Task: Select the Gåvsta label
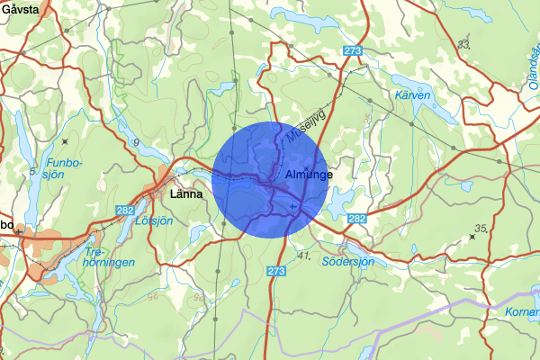coord(21,9)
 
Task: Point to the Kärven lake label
coord(412,94)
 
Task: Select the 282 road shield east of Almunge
coord(357,219)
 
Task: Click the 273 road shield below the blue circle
coord(277,270)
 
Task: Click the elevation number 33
coord(463,43)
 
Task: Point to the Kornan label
coord(521,310)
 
